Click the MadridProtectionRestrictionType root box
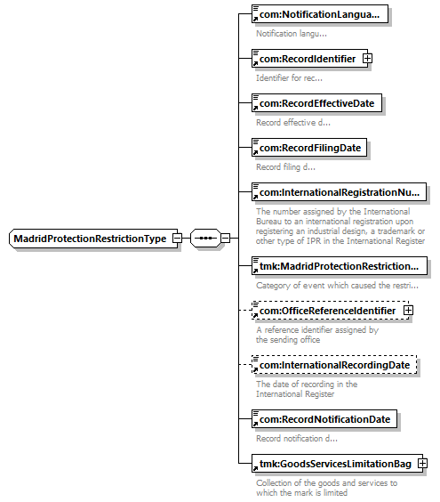pyautogui.click(x=93, y=239)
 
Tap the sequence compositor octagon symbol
pyautogui.click(x=205, y=239)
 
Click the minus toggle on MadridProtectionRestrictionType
pyautogui.click(x=177, y=239)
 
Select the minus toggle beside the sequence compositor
pyautogui.click(x=226, y=239)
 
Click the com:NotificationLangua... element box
pyautogui.click(x=320, y=14)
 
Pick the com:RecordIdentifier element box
pyautogui.click(x=309, y=59)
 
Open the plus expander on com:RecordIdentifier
pyautogui.click(x=367, y=59)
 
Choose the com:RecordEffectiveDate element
pyautogui.click(x=316, y=103)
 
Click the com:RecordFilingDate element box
pyautogui.click(x=309, y=148)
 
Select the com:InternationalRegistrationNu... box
pyautogui.click(x=339, y=192)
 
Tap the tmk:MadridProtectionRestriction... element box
pyautogui.click(x=340, y=266)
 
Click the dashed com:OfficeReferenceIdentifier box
pyautogui.click(x=331, y=311)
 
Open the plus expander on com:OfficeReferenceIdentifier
pyautogui.click(x=408, y=311)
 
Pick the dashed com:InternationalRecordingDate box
pyautogui.click(x=334, y=365)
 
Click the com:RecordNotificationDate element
pyautogui.click(x=324, y=419)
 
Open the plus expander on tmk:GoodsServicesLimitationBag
pyautogui.click(x=422, y=464)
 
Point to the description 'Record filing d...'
pyautogui.click(x=285, y=167)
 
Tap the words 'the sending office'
pyautogui.click(x=288, y=340)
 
